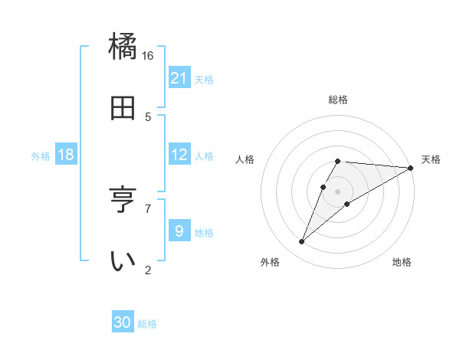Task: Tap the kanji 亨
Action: [x=123, y=201]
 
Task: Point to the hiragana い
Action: [x=123, y=261]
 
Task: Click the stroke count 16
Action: [x=147, y=56]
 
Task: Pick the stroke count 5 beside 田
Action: [x=148, y=117]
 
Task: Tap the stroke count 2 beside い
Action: [x=148, y=270]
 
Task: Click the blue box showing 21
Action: [x=179, y=78]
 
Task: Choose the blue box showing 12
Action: [x=179, y=155]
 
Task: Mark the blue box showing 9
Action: [x=179, y=231]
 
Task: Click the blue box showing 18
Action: [x=66, y=155]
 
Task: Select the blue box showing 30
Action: [x=123, y=322]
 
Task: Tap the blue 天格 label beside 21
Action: [x=204, y=79]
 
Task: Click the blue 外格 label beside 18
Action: [x=41, y=155]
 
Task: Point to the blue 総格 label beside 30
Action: [x=147, y=323]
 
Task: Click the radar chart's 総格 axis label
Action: [x=337, y=100]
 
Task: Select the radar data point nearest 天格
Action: [x=411, y=169]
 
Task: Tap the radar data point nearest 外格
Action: [x=302, y=242]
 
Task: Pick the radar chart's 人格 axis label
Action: [x=246, y=160]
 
